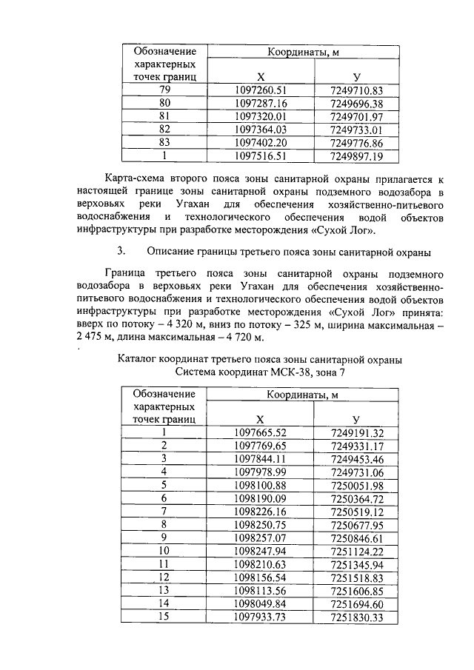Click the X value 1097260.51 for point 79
click(260, 90)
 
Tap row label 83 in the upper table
click(164, 143)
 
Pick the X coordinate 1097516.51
click(260, 156)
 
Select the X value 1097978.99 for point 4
click(260, 472)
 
